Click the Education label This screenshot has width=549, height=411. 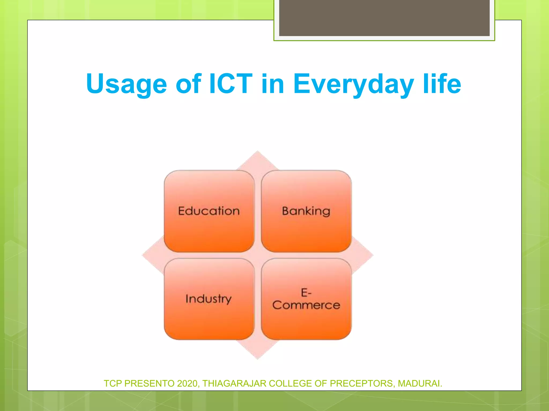[209, 211]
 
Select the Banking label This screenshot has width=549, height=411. [306, 211]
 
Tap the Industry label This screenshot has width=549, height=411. [208, 299]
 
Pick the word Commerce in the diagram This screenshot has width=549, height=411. [306, 305]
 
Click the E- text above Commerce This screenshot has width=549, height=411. [306, 292]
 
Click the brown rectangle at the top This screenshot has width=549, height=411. [384, 18]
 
